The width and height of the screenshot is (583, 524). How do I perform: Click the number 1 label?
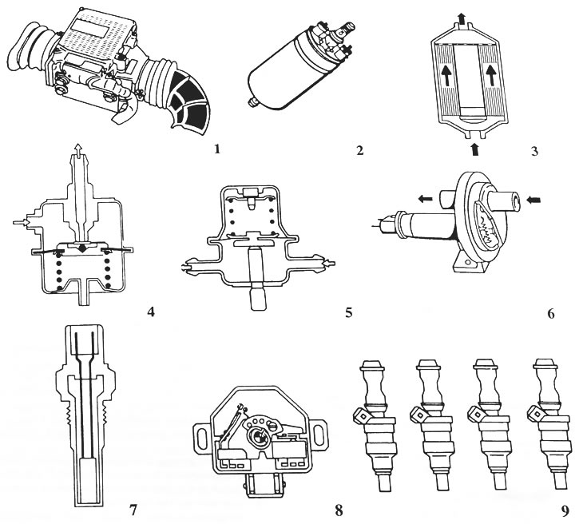217,148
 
